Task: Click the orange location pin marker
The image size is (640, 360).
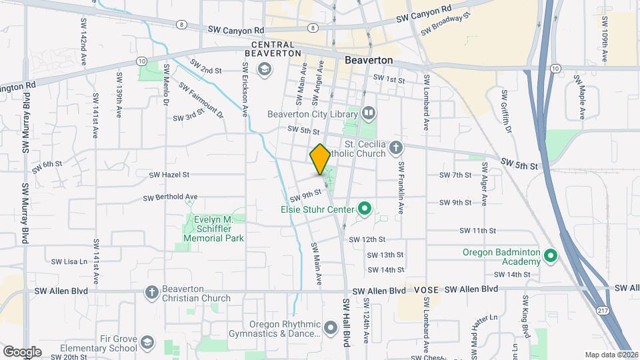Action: pyautogui.click(x=320, y=159)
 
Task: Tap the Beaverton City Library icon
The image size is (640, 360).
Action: pyautogui.click(x=369, y=114)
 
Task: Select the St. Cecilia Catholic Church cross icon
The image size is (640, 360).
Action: pyautogui.click(x=396, y=147)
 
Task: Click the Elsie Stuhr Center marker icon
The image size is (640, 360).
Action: pyautogui.click(x=364, y=209)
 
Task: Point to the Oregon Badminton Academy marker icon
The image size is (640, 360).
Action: pyautogui.click(x=550, y=255)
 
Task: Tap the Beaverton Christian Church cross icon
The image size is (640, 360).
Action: pyautogui.click(x=152, y=291)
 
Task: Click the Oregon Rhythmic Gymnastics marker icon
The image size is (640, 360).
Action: pyautogui.click(x=331, y=327)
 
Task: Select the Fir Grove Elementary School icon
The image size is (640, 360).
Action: pyautogui.click(x=147, y=343)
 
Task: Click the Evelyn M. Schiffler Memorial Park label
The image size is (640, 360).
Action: pyautogui.click(x=209, y=229)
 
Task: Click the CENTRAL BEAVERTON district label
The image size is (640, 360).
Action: pyautogui.click(x=273, y=48)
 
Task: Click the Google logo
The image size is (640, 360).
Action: pyautogui.click(x=22, y=351)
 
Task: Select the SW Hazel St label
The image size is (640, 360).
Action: pyautogui.click(x=169, y=175)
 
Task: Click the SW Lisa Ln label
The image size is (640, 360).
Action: pyautogui.click(x=70, y=261)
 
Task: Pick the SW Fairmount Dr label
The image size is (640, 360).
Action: pyautogui.click(x=201, y=100)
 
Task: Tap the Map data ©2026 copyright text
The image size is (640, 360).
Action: pyautogui.click(x=611, y=355)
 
